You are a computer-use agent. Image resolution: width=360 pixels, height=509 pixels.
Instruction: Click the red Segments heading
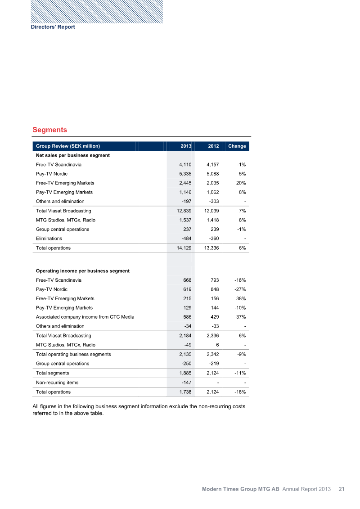pyautogui.click(x=49, y=130)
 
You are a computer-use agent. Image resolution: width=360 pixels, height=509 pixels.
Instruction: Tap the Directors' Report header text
pyautogui.click(x=53, y=27)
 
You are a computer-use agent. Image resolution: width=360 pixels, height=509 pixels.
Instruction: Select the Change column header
pyautogui.click(x=237, y=146)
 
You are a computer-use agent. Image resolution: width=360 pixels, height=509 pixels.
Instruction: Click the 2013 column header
pyautogui.click(x=186, y=146)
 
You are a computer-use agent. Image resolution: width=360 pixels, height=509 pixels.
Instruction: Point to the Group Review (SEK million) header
pyautogui.click(x=68, y=146)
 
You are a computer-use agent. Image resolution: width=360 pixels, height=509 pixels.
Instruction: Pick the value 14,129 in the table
pyautogui.click(x=183, y=248)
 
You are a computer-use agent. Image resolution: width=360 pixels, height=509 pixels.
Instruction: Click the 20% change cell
pyautogui.click(x=240, y=183)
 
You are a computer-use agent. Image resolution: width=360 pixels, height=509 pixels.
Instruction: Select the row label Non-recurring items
pyautogui.click(x=57, y=383)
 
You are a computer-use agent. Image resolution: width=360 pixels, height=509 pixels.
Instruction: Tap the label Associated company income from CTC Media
pyautogui.click(x=85, y=317)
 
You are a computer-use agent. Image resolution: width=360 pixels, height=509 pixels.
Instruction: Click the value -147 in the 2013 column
pyautogui.click(x=185, y=383)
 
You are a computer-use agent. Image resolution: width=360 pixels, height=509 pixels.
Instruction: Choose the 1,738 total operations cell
pyautogui.click(x=184, y=392)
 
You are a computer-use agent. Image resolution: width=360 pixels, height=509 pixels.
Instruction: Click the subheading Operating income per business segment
pyautogui.click(x=83, y=271)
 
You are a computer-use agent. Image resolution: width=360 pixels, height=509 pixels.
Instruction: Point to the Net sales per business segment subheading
pyautogui.click(x=73, y=155)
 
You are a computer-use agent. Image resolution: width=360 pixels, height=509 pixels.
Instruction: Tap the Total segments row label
pyautogui.click(x=53, y=373)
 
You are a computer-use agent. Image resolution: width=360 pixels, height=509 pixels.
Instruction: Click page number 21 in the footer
pyautogui.click(x=342, y=489)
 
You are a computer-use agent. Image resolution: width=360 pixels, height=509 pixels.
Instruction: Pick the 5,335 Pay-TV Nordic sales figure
pyautogui.click(x=184, y=174)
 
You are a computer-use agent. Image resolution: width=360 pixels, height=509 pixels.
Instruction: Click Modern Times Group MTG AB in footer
pyautogui.click(x=240, y=489)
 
